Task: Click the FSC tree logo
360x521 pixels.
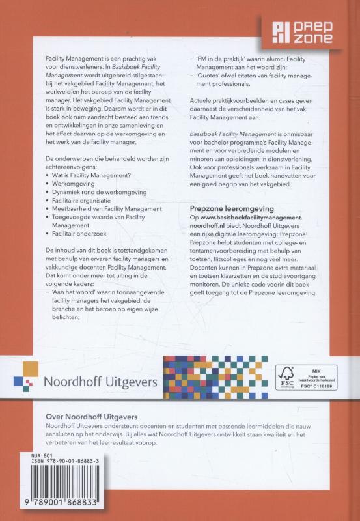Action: coord(286,374)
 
